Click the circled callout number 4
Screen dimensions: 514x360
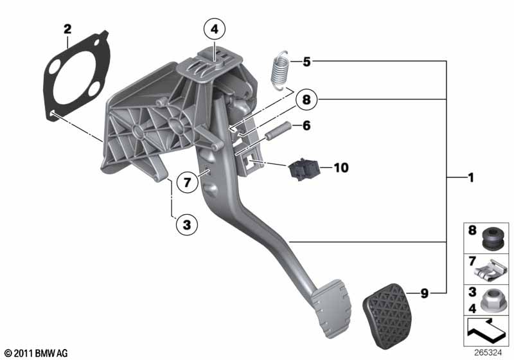215,29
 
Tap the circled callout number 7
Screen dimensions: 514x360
187,182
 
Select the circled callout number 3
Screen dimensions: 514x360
187,225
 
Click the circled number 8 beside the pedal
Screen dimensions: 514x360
306,99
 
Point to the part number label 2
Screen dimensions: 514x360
67,29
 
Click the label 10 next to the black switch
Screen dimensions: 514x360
341,168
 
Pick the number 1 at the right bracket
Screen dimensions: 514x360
471,177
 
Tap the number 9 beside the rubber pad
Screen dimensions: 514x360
425,293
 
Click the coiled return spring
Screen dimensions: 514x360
279,70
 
